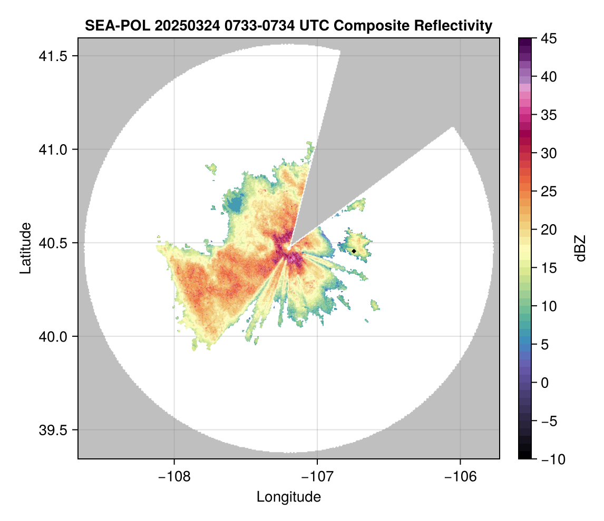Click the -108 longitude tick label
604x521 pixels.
pyautogui.click(x=174, y=476)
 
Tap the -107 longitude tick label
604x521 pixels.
pyautogui.click(x=317, y=476)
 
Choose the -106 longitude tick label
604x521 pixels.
pyautogui.click(x=461, y=476)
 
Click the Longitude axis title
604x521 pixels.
pyautogui.click(x=289, y=497)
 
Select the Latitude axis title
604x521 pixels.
pyautogui.click(x=25, y=248)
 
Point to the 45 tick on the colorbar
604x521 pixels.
pyautogui.click(x=548, y=38)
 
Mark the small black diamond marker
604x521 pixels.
pyautogui.click(x=354, y=251)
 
